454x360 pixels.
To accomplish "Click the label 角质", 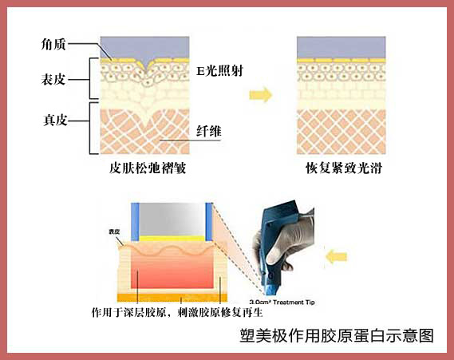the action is [x=53, y=45].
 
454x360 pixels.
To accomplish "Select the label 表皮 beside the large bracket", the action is [x=53, y=79].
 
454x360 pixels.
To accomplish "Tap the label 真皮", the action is [x=55, y=120].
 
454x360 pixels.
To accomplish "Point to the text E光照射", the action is [x=219, y=71].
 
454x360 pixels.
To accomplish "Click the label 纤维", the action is [x=209, y=131].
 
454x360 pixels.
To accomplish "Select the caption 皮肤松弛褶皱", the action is [x=148, y=168].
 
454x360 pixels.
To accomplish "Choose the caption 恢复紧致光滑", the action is [x=344, y=168].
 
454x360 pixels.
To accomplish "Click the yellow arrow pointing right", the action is [x=261, y=94].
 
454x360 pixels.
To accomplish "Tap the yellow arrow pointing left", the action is [x=336, y=256].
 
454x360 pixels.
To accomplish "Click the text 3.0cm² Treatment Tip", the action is [x=282, y=302].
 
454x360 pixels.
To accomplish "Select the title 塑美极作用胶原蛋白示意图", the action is [x=337, y=336].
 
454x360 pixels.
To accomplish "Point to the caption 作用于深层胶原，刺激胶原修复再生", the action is [x=177, y=312].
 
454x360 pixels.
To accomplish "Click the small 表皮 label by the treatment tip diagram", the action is [x=114, y=231].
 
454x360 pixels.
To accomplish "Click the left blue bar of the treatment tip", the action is [x=135, y=222].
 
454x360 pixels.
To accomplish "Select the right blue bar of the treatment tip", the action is [x=209, y=222].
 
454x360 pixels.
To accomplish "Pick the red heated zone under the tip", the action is [x=172, y=271].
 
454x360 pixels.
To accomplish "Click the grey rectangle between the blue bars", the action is [x=172, y=220].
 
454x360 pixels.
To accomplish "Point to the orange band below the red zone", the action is [x=172, y=298].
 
